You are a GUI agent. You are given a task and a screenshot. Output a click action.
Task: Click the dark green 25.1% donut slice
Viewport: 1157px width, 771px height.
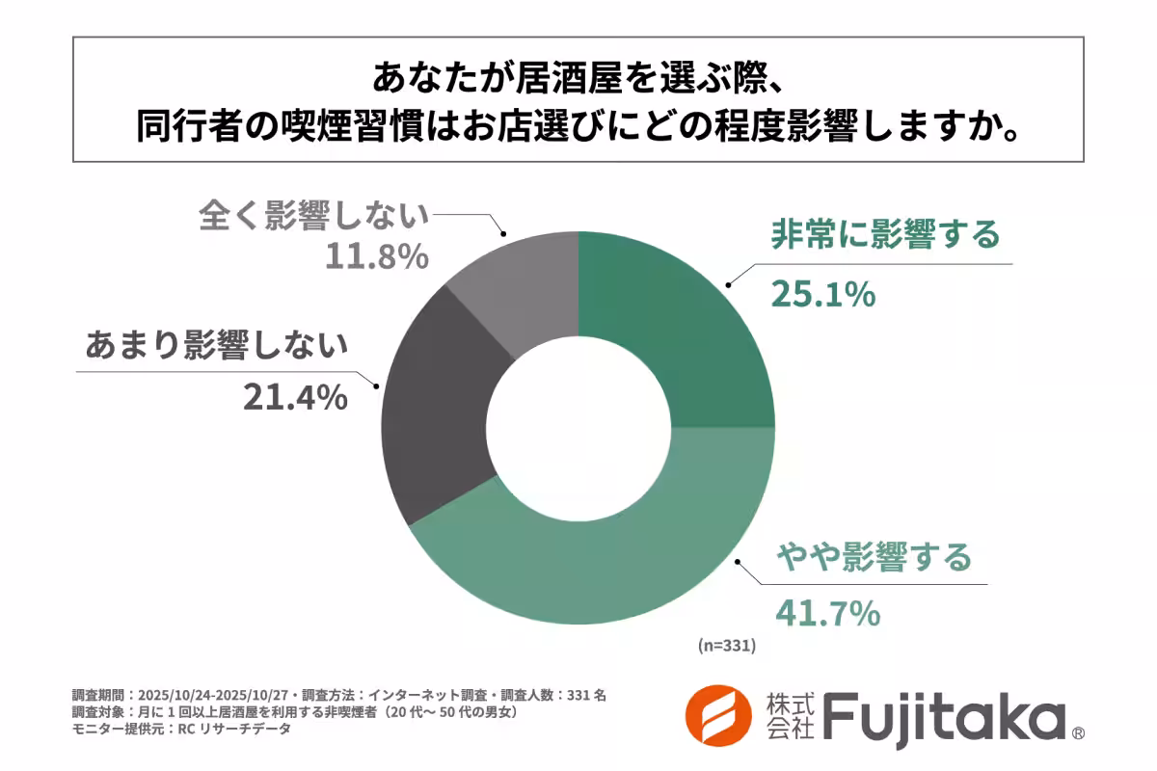tap(675, 328)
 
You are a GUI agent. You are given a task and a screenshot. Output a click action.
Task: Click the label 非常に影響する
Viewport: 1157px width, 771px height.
tap(884, 235)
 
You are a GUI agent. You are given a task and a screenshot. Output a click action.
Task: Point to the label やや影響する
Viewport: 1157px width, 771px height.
tap(874, 557)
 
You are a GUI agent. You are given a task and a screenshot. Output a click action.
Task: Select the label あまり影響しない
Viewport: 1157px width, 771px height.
tap(216, 345)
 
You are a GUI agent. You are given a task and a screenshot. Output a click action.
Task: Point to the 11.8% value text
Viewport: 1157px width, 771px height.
tap(376, 256)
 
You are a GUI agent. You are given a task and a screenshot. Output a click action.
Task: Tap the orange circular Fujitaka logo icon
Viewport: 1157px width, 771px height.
tap(718, 718)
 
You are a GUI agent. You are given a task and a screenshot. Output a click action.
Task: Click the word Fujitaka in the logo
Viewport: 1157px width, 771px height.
tap(945, 718)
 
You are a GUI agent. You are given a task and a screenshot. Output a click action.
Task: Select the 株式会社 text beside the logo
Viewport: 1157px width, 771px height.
tap(789, 718)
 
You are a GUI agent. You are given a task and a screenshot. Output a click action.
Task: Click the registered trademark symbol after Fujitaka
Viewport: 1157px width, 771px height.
tap(1078, 733)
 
